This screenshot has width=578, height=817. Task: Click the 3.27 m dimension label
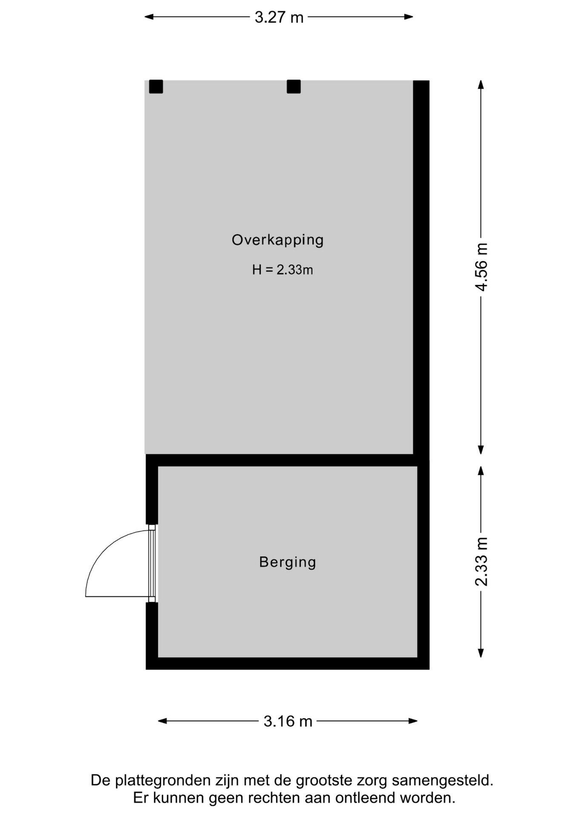click(x=279, y=17)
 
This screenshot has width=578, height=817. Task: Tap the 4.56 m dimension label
click(x=481, y=267)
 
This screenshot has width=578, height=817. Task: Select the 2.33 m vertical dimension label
click(x=481, y=562)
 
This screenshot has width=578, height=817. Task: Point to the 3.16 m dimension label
click(x=288, y=721)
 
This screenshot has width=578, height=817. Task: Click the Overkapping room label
click(x=278, y=240)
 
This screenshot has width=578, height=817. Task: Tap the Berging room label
click(x=288, y=562)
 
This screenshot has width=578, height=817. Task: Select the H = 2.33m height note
click(x=283, y=270)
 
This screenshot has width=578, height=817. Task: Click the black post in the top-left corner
click(x=156, y=87)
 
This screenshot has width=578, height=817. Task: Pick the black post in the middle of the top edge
click(x=294, y=87)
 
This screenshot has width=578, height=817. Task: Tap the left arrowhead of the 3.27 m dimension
click(x=149, y=17)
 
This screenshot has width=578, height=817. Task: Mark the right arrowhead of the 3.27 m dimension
click(x=409, y=17)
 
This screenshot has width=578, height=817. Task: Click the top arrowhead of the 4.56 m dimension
click(x=481, y=85)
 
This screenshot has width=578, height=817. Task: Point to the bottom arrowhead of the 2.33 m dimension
click(x=481, y=652)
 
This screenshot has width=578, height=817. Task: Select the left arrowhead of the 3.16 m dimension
click(x=163, y=721)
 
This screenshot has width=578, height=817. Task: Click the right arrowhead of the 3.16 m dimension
click(x=413, y=721)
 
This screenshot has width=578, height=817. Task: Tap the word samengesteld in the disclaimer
click(x=443, y=781)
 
